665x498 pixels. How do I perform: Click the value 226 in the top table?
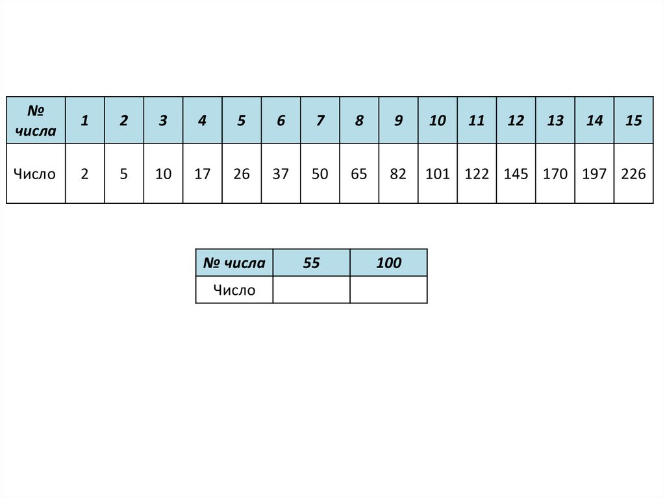pos(633,174)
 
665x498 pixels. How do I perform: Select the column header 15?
pos(633,120)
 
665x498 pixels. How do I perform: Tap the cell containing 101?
pos(438,174)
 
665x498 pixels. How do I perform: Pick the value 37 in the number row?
pos(281,174)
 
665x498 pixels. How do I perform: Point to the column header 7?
pos(320,120)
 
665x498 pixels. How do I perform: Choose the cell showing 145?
pos(516,174)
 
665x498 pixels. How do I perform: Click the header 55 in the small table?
pos(311,263)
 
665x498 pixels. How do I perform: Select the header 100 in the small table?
pos(388,263)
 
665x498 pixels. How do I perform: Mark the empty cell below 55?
pos(311,290)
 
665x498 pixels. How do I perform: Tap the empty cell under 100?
pos(388,290)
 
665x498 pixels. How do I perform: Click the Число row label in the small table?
pos(234,290)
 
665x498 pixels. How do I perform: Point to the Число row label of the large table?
pos(36,174)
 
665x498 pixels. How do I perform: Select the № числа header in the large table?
pos(36,120)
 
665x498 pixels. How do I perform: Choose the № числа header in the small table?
pos(234,263)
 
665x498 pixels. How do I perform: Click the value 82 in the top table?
pos(398,174)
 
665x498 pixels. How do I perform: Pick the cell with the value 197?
pos(594,174)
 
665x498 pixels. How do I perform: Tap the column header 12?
pos(516,120)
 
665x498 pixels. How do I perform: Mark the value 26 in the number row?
pos(242,174)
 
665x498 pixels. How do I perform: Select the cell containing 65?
pos(359,174)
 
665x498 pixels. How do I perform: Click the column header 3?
pos(163,120)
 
